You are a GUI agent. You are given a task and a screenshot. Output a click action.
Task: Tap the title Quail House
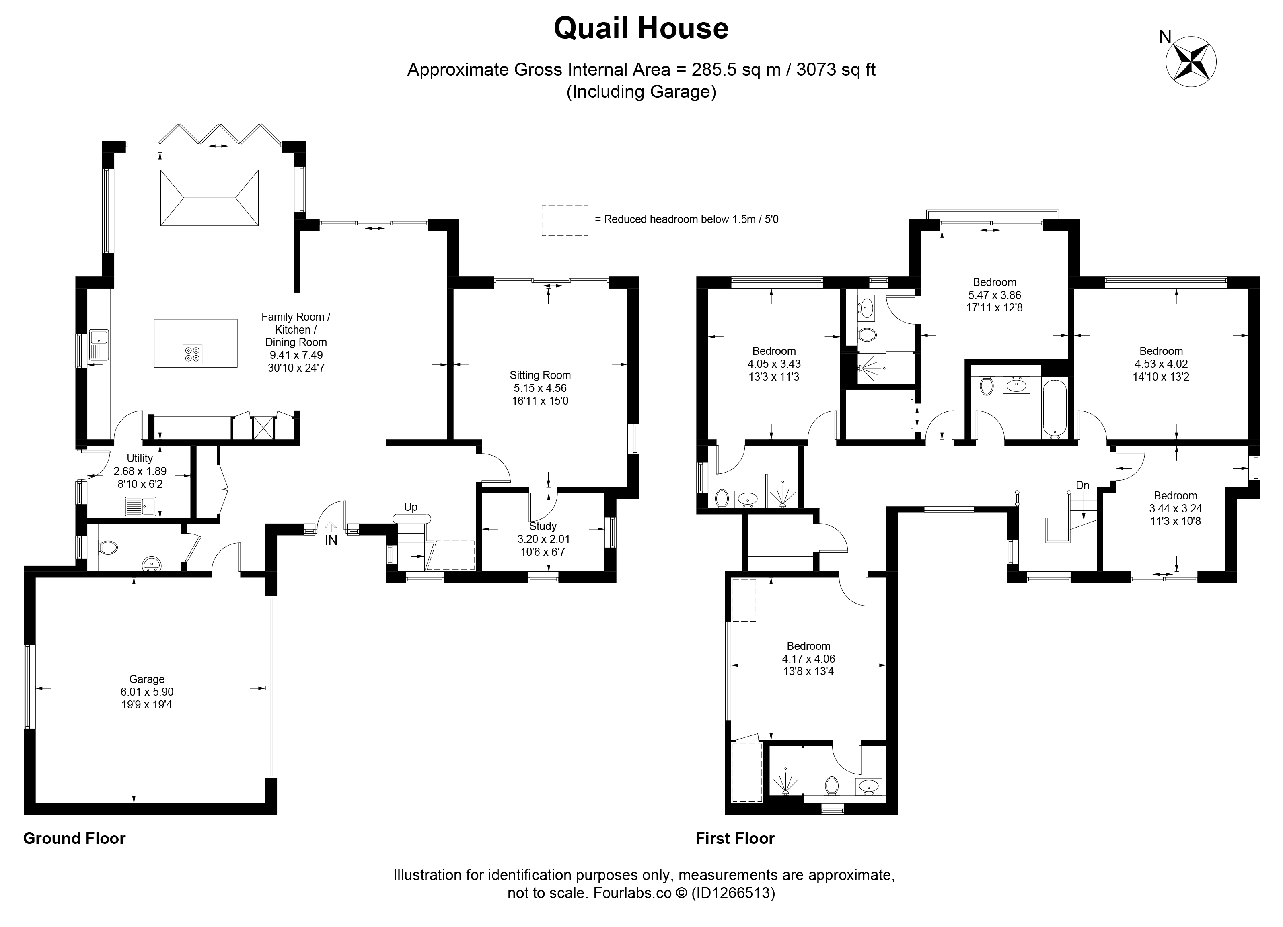pyautogui.click(x=641, y=28)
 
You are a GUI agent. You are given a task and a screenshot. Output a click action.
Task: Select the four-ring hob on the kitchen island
pyautogui.click(x=192, y=354)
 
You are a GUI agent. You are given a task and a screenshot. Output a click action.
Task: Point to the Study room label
pyautogui.click(x=543, y=526)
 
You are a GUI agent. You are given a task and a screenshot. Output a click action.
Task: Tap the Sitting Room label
pyautogui.click(x=540, y=375)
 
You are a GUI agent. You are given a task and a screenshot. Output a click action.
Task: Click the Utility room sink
pyautogui.click(x=141, y=506)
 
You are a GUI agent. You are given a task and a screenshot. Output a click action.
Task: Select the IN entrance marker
pyautogui.click(x=331, y=540)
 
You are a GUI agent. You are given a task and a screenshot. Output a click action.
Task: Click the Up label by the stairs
pyautogui.click(x=411, y=507)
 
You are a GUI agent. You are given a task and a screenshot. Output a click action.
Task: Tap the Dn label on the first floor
pyautogui.click(x=1082, y=485)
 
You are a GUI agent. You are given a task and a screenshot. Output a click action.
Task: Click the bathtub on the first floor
pyautogui.click(x=1055, y=409)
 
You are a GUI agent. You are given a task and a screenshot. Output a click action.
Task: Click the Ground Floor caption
pyautogui.click(x=74, y=838)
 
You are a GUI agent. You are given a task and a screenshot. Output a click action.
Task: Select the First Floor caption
pyautogui.click(x=735, y=838)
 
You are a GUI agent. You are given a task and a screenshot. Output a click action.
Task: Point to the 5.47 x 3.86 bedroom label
pyautogui.click(x=994, y=295)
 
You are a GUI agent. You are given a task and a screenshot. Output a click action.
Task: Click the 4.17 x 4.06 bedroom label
pyautogui.click(x=808, y=659)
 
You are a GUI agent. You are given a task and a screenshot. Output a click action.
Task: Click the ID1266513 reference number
pyautogui.click(x=732, y=893)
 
